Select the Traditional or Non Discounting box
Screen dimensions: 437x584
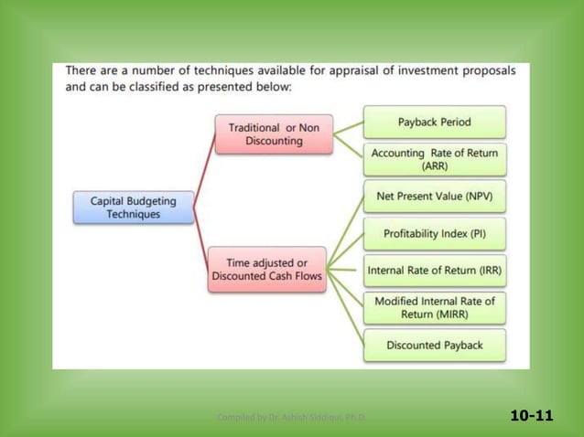(274, 134)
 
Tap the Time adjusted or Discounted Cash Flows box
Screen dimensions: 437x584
(267, 269)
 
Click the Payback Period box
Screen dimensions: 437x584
(434, 122)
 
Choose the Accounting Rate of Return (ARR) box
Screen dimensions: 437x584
(434, 159)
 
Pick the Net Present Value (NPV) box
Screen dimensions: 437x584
(434, 197)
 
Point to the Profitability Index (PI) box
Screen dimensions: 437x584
(434, 233)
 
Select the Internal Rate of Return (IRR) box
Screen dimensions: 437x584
(434, 270)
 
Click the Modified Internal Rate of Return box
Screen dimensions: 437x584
(434, 307)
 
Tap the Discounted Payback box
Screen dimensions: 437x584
(434, 345)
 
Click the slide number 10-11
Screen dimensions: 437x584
(532, 416)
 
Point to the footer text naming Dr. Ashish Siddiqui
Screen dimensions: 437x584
(291, 418)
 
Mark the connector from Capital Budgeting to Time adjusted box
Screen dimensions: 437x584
(201, 240)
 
